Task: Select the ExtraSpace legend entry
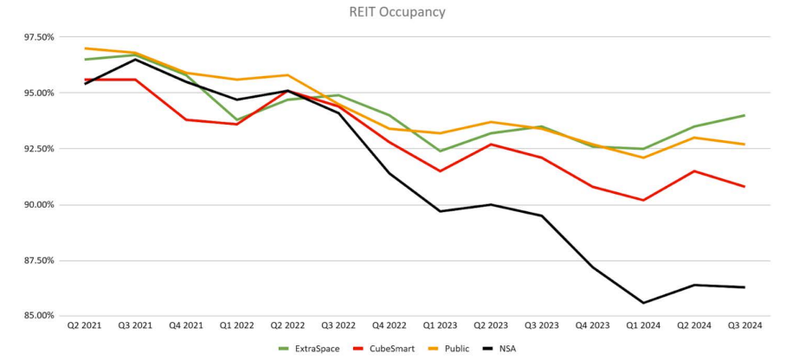(307, 348)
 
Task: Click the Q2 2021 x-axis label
(86, 326)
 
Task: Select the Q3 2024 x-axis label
(744, 326)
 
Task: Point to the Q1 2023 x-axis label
(440, 326)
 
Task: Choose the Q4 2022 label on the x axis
(390, 326)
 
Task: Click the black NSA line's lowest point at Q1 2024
(643, 303)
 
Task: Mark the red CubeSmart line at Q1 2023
(440, 171)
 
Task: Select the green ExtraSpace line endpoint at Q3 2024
(744, 115)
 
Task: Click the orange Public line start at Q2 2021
(86, 48)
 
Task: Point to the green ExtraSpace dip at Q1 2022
(237, 120)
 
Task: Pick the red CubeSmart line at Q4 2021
(187, 119)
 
